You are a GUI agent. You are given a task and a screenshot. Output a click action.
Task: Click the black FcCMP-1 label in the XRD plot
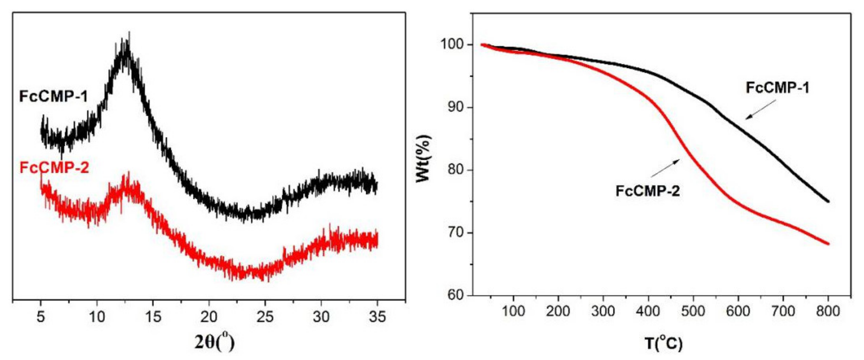pyautogui.click(x=54, y=97)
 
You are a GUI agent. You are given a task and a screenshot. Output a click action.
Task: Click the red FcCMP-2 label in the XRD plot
pyautogui.click(x=54, y=168)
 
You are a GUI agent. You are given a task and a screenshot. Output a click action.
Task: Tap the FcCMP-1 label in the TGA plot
pyautogui.click(x=777, y=88)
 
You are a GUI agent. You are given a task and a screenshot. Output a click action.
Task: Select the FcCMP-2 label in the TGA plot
pyautogui.click(x=647, y=191)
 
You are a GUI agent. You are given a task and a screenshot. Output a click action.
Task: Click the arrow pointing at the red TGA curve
pyautogui.click(x=665, y=168)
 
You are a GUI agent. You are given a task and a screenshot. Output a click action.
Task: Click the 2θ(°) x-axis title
pyautogui.click(x=214, y=342)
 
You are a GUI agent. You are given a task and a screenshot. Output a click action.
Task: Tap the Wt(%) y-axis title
pyautogui.click(x=423, y=158)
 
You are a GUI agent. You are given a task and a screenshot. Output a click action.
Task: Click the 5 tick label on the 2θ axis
pyautogui.click(x=41, y=317)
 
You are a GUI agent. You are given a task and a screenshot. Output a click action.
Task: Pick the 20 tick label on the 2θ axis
pyautogui.click(x=209, y=317)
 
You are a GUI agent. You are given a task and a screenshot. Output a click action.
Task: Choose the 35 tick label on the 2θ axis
pyautogui.click(x=377, y=317)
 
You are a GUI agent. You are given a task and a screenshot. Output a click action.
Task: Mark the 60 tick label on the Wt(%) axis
pyautogui.click(x=456, y=295)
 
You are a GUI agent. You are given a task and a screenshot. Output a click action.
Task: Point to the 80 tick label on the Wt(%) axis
pyautogui.click(x=456, y=170)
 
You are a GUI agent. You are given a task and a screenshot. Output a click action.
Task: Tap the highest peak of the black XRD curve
pyautogui.click(x=129, y=32)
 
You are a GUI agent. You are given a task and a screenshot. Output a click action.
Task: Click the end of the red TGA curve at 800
pyautogui.click(x=828, y=244)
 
